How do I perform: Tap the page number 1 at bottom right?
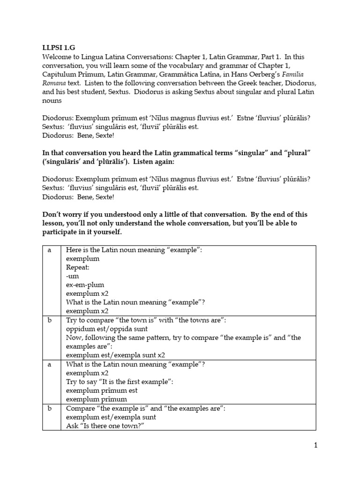pyautogui.click(x=316, y=446)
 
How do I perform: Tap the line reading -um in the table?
pyautogui.click(x=72, y=276)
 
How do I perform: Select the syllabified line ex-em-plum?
pyautogui.click(x=85, y=285)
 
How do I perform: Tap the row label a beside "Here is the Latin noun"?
pyautogui.click(x=49, y=250)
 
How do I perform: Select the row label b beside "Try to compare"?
pyautogui.click(x=49, y=320)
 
